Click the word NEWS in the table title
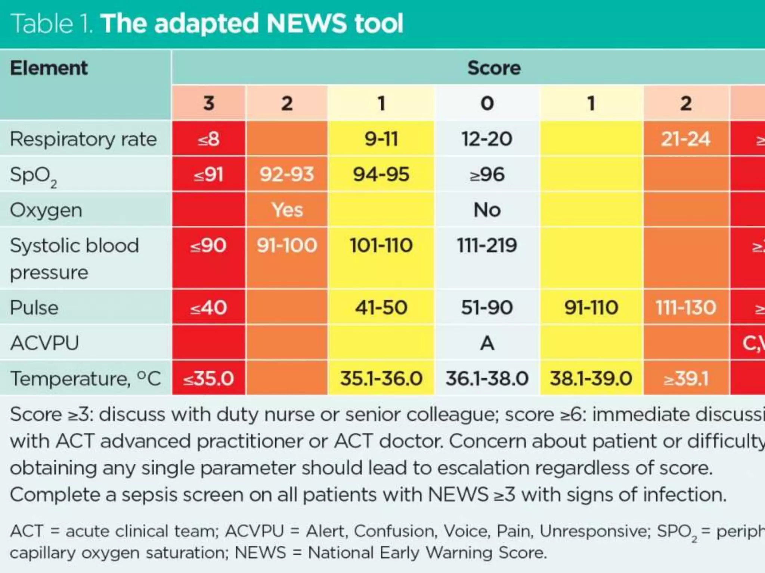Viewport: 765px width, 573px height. click(x=306, y=23)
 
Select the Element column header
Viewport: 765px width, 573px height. click(x=49, y=68)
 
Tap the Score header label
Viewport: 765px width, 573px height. click(x=494, y=68)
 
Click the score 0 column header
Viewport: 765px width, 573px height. click(x=487, y=103)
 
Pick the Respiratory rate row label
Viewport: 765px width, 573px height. click(x=83, y=139)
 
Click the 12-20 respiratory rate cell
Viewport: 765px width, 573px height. click(x=487, y=139)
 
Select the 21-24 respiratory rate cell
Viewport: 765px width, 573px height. click(x=685, y=139)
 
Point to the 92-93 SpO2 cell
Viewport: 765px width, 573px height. click(x=287, y=174)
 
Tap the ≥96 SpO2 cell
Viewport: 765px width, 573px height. click(x=487, y=174)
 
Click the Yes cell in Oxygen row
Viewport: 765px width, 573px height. click(x=287, y=210)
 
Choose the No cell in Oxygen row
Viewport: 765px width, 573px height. click(x=487, y=210)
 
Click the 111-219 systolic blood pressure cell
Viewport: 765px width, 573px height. click(x=487, y=245)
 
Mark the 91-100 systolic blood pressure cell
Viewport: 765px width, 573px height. click(x=287, y=245)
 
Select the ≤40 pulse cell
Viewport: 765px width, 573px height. click(x=208, y=308)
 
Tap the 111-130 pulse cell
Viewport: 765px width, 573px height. click(x=685, y=308)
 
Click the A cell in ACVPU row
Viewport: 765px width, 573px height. click(x=487, y=343)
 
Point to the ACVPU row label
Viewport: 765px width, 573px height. click(x=44, y=343)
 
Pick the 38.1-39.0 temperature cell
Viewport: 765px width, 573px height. click(x=591, y=378)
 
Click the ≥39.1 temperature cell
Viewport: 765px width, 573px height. click(x=685, y=378)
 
